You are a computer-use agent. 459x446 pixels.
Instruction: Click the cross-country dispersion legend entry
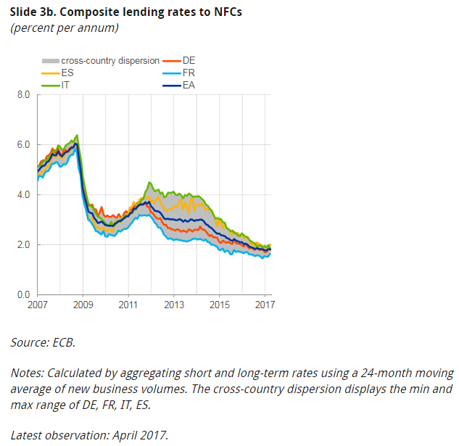pos(102,61)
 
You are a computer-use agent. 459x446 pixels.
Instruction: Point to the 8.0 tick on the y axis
pos(22,94)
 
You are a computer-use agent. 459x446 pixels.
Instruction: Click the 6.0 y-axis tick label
pos(22,144)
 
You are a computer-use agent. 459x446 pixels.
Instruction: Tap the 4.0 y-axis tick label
pos(22,194)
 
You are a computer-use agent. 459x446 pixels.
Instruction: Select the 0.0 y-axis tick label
pos(22,294)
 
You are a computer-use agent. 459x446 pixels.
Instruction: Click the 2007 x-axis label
pos(38,305)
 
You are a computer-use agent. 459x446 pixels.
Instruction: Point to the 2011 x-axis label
pos(128,305)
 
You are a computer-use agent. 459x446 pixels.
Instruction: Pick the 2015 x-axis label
pos(218,305)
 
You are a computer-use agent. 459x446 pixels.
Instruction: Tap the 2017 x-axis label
pos(264,305)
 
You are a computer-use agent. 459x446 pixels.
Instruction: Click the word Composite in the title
pos(91,12)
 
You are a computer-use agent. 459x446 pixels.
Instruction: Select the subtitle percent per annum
pos(65,28)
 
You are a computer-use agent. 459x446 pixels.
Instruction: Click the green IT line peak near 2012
pos(149,183)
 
